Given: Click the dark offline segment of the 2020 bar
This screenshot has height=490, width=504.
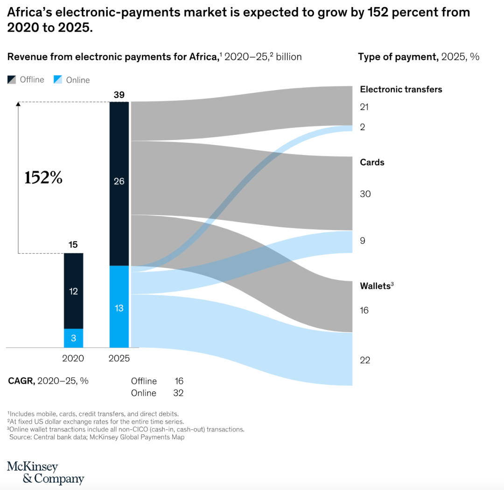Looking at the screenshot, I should [x=73, y=291].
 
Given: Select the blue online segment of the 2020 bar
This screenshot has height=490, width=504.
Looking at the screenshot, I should [x=73, y=338].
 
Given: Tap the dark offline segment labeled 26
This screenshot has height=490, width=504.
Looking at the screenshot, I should [x=119, y=182].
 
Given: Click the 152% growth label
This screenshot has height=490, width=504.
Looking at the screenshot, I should [x=43, y=177].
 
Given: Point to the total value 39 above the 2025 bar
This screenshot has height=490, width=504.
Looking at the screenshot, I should [x=119, y=95].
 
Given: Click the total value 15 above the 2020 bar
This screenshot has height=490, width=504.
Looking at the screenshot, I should [x=73, y=244].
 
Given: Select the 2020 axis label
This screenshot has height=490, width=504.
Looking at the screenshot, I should [x=73, y=358].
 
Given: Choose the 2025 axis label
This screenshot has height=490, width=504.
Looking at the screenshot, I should [x=119, y=358].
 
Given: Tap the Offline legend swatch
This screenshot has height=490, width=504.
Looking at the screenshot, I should [x=12, y=80].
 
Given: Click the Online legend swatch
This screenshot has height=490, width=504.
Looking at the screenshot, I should [x=57, y=80].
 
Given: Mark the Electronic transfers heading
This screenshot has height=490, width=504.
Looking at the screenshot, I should [x=401, y=89].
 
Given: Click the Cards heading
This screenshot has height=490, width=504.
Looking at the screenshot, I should [x=372, y=162].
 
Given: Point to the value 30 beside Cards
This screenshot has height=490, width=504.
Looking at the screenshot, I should [x=365, y=194].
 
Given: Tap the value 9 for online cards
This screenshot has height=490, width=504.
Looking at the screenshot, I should [x=363, y=241].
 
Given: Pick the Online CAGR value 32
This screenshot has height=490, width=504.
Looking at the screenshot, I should [x=178, y=393].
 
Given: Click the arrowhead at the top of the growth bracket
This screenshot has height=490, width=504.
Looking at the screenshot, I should [x=18, y=104].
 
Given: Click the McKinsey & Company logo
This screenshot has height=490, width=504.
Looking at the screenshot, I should [x=45, y=473].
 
